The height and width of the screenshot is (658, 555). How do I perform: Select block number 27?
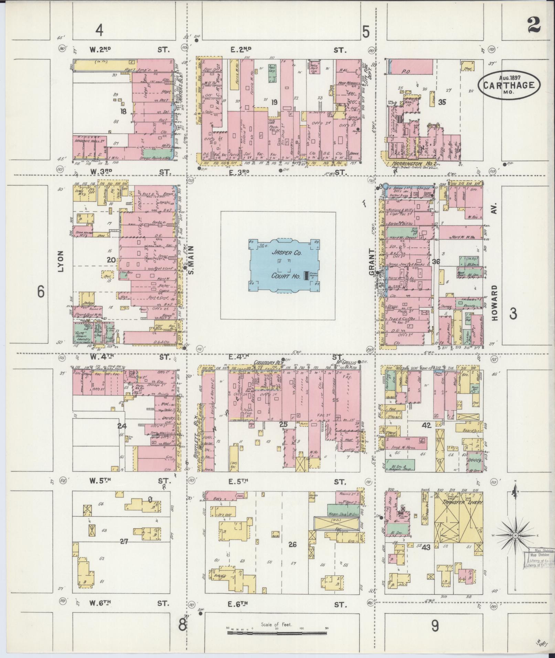124,541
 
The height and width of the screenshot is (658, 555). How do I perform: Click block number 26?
292,544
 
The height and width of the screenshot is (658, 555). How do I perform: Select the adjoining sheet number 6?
41,292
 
